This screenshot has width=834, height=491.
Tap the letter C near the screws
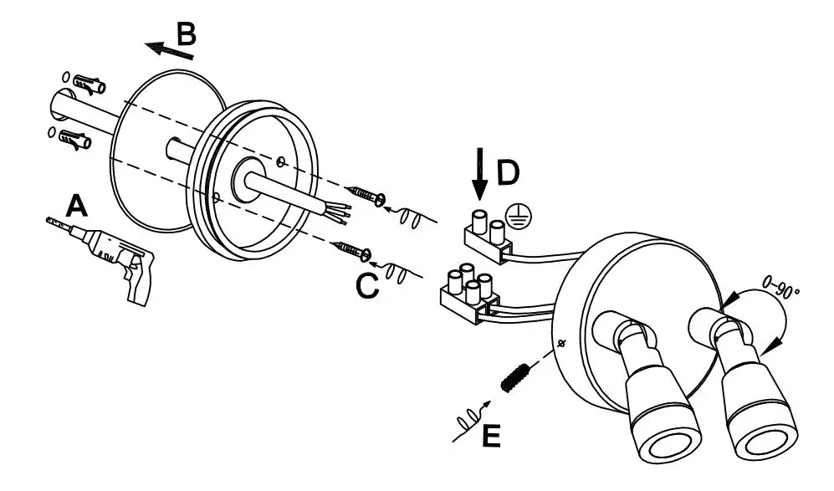pyautogui.click(x=367, y=285)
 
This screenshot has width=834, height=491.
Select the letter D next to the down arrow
pyautogui.click(x=508, y=172)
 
